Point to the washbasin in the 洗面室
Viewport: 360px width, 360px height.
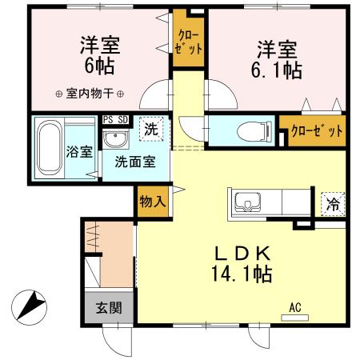pyautogui.click(x=117, y=140)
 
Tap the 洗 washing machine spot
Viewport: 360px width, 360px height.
pyautogui.click(x=150, y=126)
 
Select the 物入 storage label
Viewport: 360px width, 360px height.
pyautogui.click(x=152, y=199)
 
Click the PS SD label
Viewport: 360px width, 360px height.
pyautogui.click(x=117, y=119)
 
